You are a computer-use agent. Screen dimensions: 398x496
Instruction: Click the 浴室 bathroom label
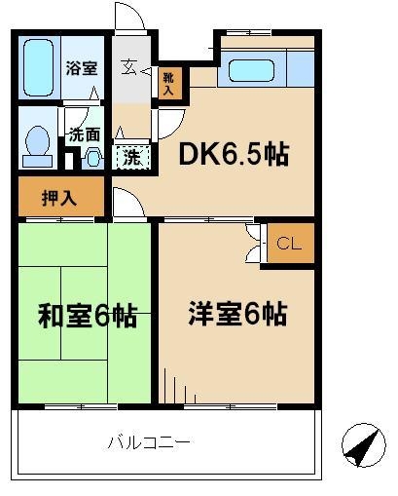tap(82, 68)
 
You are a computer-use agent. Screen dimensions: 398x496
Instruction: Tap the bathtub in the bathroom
tap(38, 68)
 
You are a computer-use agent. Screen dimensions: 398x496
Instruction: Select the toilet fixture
tap(37, 146)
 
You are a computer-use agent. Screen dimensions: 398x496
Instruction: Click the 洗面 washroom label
tap(85, 134)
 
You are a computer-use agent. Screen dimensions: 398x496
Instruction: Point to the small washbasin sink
tap(93, 159)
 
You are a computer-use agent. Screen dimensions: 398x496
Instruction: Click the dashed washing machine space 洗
tap(132, 157)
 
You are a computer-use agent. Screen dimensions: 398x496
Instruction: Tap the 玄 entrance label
tap(128, 68)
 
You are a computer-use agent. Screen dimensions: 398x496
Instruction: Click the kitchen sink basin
tap(251, 70)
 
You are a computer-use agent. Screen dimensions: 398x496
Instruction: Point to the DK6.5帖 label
tap(234, 154)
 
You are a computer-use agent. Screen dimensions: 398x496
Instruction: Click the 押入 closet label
tap(59, 198)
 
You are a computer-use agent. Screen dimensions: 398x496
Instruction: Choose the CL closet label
tap(289, 244)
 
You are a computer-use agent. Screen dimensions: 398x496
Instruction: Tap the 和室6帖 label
tap(88, 315)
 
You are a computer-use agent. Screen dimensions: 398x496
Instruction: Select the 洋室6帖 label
tap(237, 314)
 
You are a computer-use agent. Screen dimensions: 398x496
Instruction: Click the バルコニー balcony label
tap(149, 443)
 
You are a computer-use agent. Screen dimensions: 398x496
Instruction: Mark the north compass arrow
tap(364, 444)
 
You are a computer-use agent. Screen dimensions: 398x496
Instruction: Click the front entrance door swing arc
tap(134, 12)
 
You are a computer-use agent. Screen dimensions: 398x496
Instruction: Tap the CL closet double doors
tap(254, 243)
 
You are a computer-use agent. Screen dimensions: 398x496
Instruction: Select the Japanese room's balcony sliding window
tap(81, 406)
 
